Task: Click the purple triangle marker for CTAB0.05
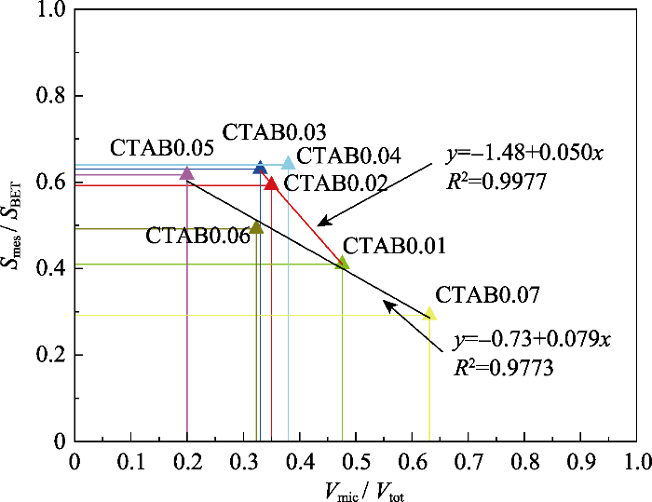coord(186,172)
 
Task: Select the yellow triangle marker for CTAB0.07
coord(430,314)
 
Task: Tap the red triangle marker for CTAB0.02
coord(271,183)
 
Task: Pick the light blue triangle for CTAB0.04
coord(288,163)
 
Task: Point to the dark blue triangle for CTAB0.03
coord(261,168)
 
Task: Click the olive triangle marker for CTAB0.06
coord(257,227)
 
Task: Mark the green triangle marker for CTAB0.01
coord(343,264)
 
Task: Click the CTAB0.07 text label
coord(487,295)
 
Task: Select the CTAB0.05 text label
coord(162,147)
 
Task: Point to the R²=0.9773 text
coord(504,368)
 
